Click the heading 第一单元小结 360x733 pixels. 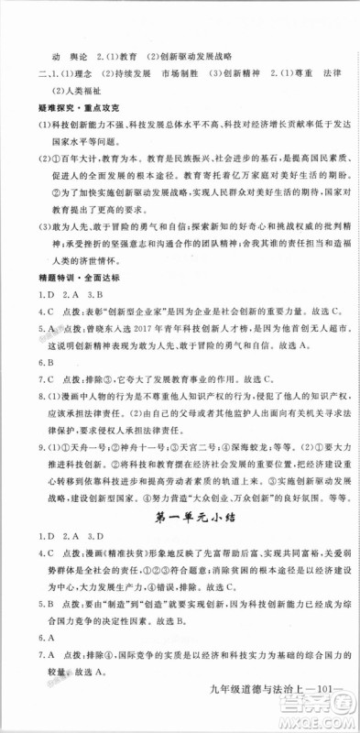pyautogui.click(x=180, y=520)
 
